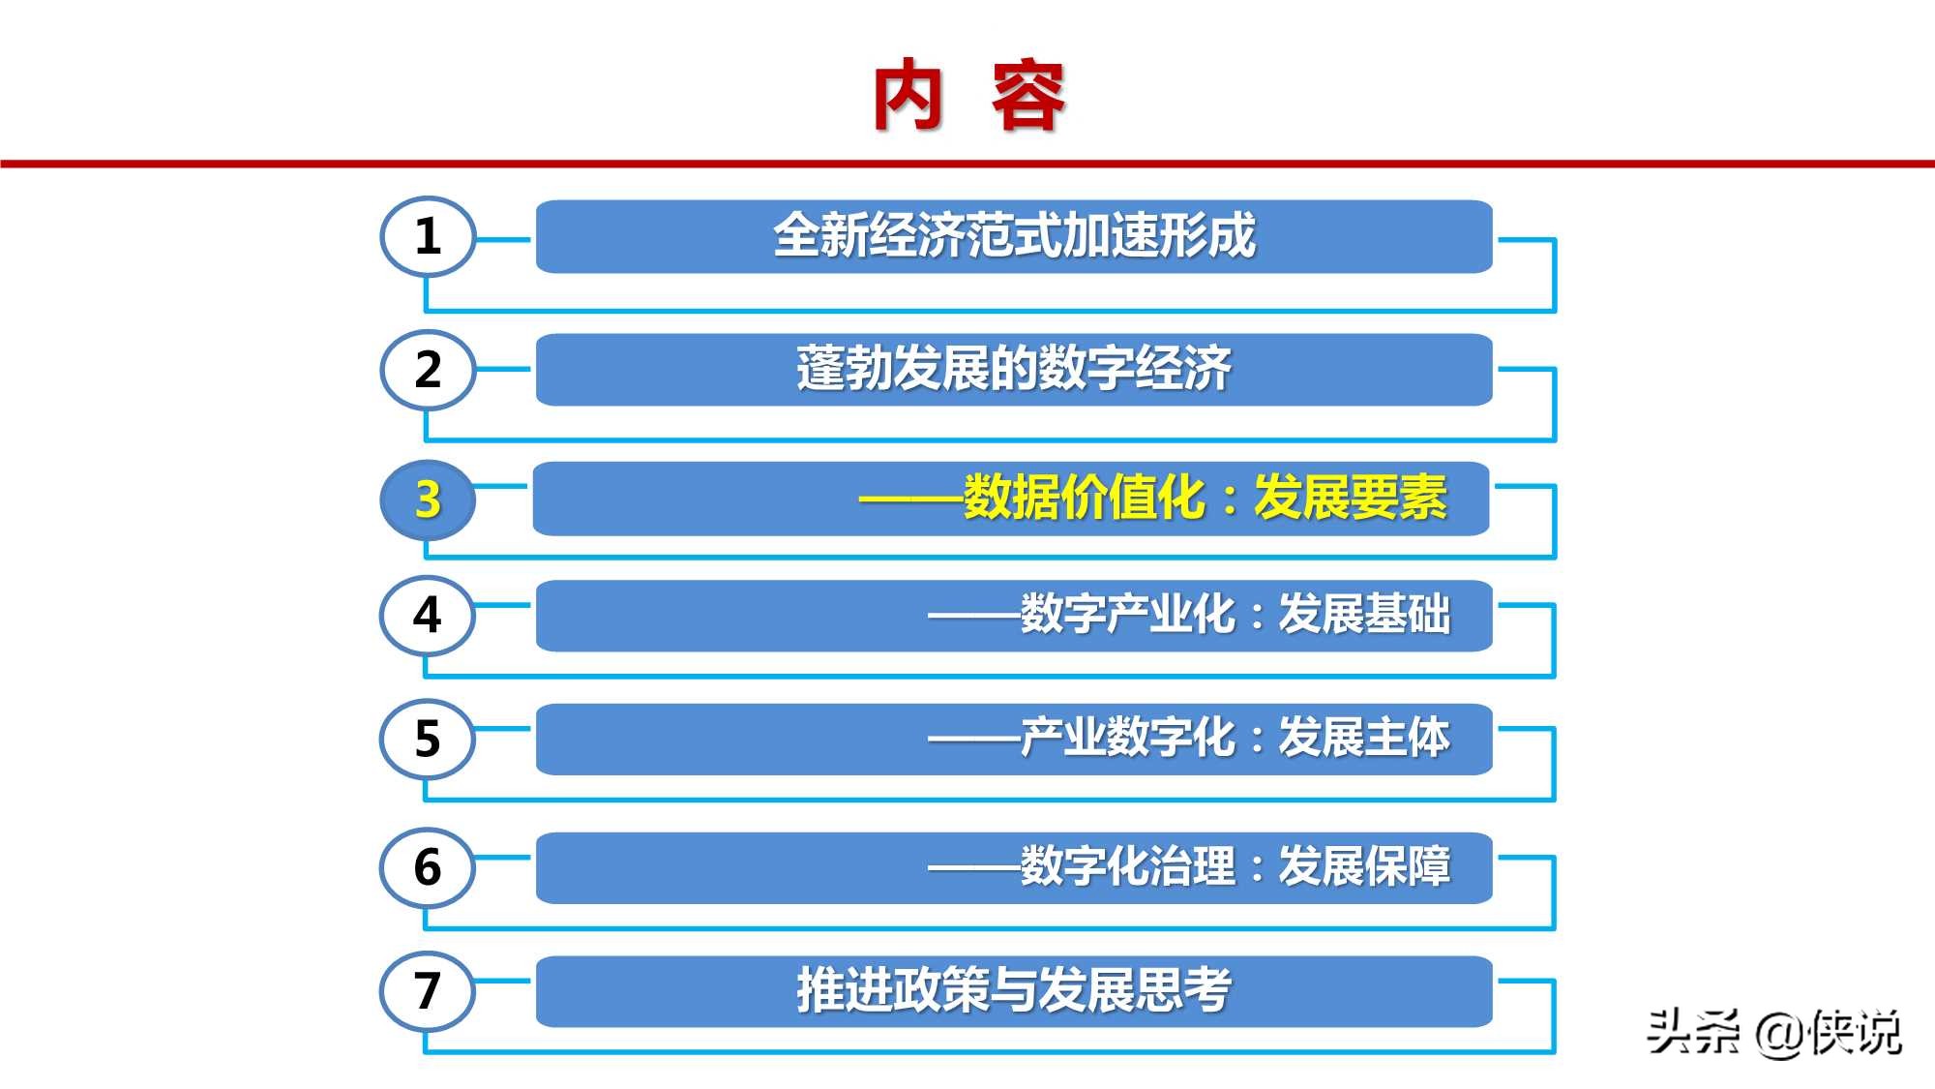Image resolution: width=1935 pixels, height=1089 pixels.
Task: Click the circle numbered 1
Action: [428, 236]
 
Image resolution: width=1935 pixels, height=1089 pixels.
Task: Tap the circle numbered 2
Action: [428, 369]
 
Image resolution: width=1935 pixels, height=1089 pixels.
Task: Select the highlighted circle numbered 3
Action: [428, 499]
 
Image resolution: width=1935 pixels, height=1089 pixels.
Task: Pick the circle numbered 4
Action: [428, 615]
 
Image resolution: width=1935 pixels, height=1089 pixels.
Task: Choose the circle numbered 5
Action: [428, 739]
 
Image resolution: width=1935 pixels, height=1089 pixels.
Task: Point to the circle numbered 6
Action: [428, 866]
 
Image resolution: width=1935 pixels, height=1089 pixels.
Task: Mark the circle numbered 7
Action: [428, 990]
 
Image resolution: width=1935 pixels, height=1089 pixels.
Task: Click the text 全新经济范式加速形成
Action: [1014, 236]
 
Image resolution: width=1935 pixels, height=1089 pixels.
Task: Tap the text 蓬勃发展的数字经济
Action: [1014, 369]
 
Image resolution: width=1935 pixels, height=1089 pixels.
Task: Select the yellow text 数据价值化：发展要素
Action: [1205, 499]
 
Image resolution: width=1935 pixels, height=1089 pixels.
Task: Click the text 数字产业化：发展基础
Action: [1235, 615]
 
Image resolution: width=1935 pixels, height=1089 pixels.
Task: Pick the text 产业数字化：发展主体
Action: [1235, 738]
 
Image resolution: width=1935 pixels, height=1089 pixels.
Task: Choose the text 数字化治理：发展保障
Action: [1235, 866]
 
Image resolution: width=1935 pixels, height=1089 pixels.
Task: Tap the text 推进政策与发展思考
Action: [1014, 990]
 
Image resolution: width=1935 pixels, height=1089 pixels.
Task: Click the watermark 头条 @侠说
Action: [1774, 1032]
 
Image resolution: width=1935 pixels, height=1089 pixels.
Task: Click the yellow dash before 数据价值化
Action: [910, 499]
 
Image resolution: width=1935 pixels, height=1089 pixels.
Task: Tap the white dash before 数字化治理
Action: [973, 867]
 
